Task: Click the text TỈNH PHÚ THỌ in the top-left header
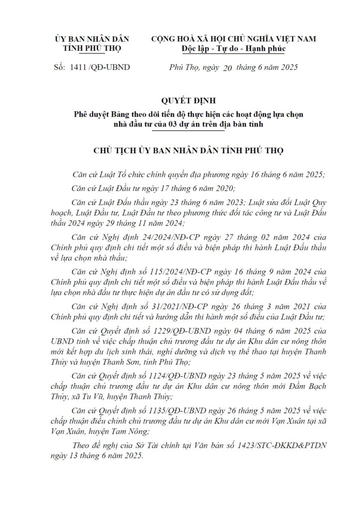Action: pyautogui.click(x=93, y=49)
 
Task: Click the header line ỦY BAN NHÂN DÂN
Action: pyautogui.click(x=93, y=38)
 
